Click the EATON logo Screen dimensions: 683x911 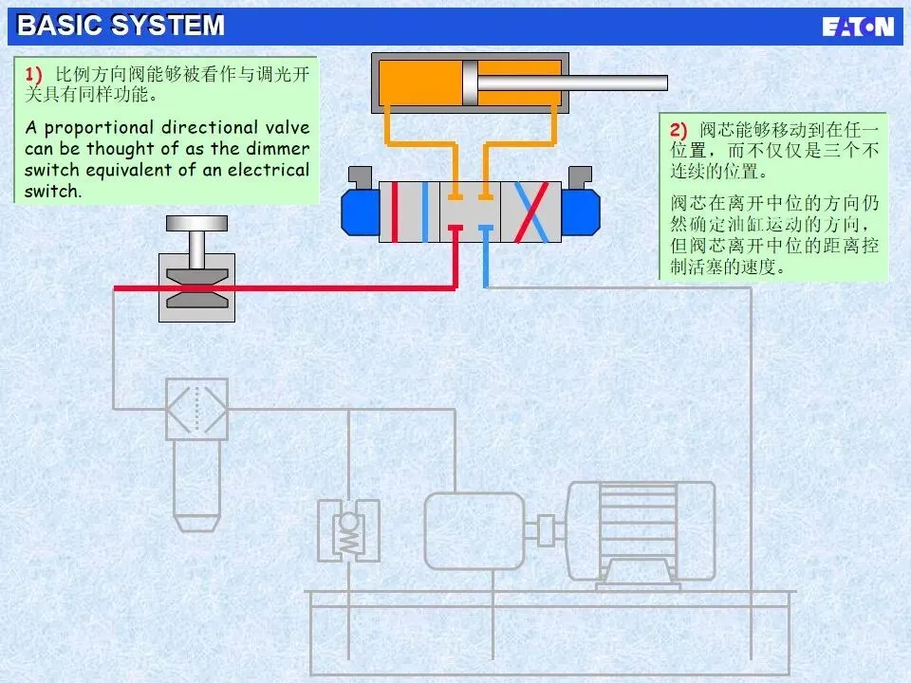pos(858,27)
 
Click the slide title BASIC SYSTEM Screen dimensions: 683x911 pos(121,26)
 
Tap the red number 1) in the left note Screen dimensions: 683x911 pos(34,74)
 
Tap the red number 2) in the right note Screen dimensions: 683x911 pos(678,129)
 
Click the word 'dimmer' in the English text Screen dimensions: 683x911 pos(277,149)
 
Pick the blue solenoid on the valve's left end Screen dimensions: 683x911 pos(360,210)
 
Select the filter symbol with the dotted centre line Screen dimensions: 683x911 pos(196,409)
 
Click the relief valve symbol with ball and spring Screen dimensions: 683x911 pos(348,531)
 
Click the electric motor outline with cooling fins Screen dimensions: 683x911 pos(640,530)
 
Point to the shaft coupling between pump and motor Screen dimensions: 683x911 pos(546,529)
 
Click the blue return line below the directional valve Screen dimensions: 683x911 pos(485,256)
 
